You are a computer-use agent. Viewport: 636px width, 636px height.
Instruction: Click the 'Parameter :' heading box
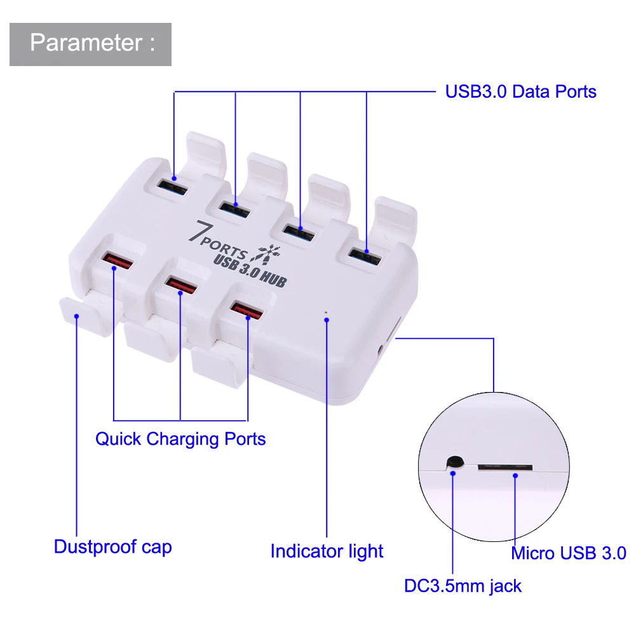coord(90,44)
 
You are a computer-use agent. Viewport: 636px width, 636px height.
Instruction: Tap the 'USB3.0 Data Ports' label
coord(520,91)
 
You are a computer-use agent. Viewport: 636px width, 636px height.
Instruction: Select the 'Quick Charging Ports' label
coord(180,438)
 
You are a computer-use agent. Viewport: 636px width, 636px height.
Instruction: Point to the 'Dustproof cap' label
coord(112,546)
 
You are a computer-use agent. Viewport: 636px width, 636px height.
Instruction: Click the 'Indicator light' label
coord(327,551)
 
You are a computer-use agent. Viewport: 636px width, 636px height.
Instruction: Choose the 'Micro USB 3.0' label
coord(569,553)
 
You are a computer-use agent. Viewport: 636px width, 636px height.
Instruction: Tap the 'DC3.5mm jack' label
coord(463,585)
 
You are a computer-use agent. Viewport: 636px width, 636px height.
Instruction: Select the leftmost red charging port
coord(116,260)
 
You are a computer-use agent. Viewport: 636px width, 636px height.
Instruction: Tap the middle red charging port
coord(180,285)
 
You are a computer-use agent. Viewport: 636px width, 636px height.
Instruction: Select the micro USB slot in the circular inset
coord(505,467)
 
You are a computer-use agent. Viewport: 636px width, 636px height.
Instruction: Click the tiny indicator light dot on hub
coord(326,312)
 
